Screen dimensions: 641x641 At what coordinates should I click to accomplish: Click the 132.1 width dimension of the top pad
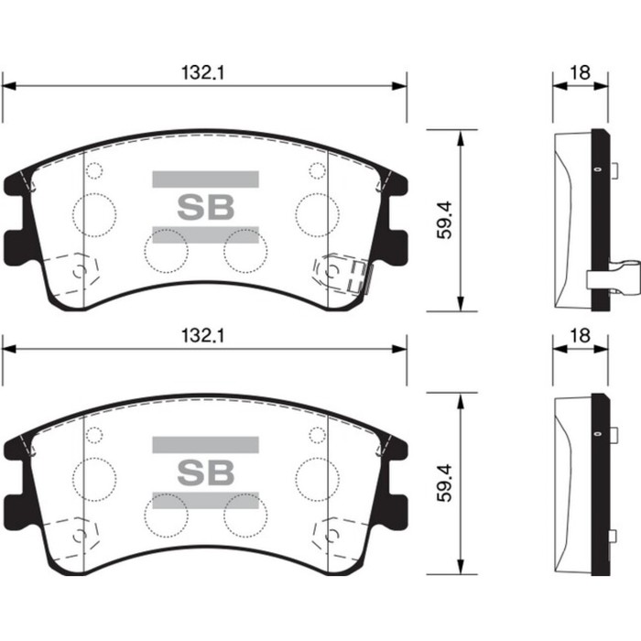(203, 72)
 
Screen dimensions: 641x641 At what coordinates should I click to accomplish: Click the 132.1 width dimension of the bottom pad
(203, 336)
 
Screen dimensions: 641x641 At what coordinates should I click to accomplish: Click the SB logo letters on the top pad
(205, 206)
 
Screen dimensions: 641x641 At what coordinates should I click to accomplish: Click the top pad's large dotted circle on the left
(94, 213)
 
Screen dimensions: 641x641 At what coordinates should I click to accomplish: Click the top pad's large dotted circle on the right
(318, 213)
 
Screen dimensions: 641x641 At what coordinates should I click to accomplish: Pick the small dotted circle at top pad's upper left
(93, 170)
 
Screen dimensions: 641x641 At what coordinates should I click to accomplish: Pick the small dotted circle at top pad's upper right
(317, 170)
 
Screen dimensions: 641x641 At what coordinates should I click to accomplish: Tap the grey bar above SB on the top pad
(205, 179)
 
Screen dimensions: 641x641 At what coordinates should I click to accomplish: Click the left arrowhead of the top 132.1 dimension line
(7, 86)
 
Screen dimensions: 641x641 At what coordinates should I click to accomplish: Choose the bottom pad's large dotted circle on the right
(318, 477)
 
